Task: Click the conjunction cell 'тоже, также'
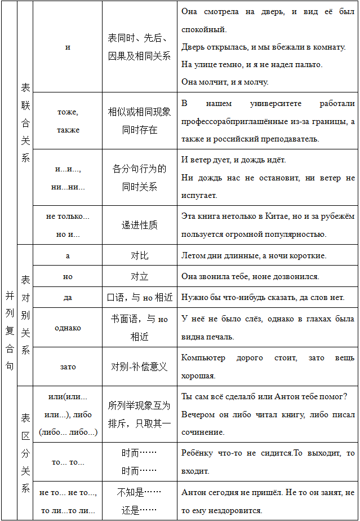pyautogui.click(x=68, y=121)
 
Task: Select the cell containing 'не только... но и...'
pyautogui.click(x=68, y=225)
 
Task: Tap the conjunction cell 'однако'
pyautogui.click(x=68, y=328)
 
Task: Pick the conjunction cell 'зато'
pyautogui.click(x=68, y=367)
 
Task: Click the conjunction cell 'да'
pyautogui.click(x=68, y=297)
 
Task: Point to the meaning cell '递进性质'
pyautogui.click(x=139, y=225)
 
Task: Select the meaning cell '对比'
pyautogui.click(x=139, y=255)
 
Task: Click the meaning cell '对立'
pyautogui.click(x=139, y=276)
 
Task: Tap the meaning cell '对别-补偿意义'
pyautogui.click(x=139, y=367)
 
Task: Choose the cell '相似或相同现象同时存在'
pyautogui.click(x=139, y=121)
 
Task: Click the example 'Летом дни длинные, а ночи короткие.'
pyautogui.click(x=254, y=255)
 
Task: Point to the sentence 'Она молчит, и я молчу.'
pyautogui.click(x=225, y=82)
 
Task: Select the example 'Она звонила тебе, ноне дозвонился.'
pyautogui.click(x=250, y=276)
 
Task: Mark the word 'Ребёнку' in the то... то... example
pyautogui.click(x=197, y=453)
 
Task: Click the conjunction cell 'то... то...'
pyautogui.click(x=68, y=462)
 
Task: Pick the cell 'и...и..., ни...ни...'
pyautogui.click(x=68, y=178)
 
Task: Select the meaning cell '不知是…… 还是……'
pyautogui.click(x=139, y=501)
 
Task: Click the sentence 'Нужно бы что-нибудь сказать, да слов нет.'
pyautogui.click(x=263, y=297)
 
